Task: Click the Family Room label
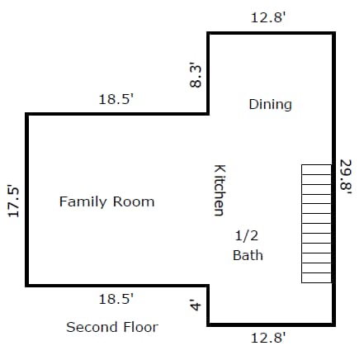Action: [106, 201]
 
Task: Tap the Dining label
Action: [270, 104]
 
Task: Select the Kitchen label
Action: [220, 190]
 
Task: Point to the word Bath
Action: [248, 255]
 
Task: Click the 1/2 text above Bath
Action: [247, 235]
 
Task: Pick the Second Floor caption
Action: [112, 327]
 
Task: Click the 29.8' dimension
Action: [346, 178]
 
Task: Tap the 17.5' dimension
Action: [13, 201]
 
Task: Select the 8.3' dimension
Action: [196, 75]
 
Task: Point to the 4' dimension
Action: [196, 305]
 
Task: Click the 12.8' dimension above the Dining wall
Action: [268, 18]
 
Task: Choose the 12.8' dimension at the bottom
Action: [268, 338]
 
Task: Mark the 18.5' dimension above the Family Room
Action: [116, 99]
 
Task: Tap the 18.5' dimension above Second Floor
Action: [116, 299]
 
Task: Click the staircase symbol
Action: [316, 224]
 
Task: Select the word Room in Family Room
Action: [134, 201]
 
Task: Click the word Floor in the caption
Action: [140, 327]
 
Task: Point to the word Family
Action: [83, 202]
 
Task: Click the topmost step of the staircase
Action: [316, 169]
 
